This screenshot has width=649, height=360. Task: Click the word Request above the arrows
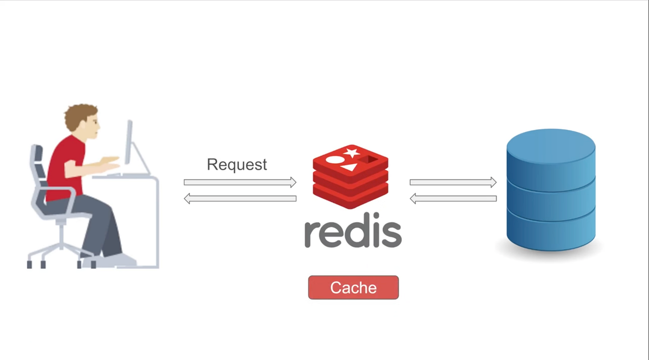click(x=237, y=165)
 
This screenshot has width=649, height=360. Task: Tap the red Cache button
click(x=353, y=288)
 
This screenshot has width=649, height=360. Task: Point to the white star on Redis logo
click(x=352, y=153)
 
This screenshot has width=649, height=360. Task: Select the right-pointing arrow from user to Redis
click(x=240, y=182)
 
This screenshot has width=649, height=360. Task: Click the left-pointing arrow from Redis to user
click(x=240, y=199)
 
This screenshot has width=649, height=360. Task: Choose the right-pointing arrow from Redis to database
click(x=453, y=182)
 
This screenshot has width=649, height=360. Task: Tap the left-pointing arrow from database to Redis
click(x=453, y=199)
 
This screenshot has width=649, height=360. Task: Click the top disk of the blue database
click(x=551, y=153)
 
